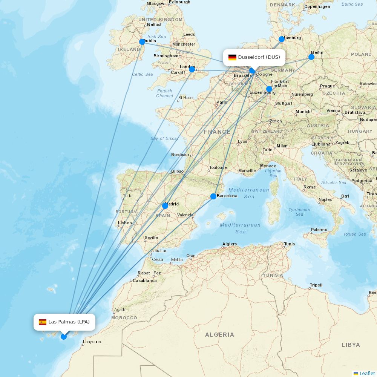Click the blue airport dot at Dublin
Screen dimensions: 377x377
pos(142,42)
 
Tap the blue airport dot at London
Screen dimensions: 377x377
pos(192,69)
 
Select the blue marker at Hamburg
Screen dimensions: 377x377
pos(282,39)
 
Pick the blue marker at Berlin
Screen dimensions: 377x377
pos(311,57)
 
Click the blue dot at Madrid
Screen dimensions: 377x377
pos(165,206)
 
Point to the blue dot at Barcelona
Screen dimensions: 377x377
pos(213,196)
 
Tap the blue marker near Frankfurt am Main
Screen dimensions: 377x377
pos(269,89)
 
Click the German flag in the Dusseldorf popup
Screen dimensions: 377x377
pos(232,57)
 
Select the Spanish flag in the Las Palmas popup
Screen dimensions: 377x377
pos(43,322)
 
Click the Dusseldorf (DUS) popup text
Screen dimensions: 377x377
pos(259,57)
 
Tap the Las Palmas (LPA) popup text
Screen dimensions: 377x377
pos(69,322)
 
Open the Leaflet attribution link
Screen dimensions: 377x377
pos(367,373)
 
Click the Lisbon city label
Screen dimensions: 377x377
pos(125,223)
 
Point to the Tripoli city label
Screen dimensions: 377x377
pos(316,285)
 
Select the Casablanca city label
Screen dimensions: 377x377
pos(145,280)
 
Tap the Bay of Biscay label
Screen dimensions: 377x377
pos(164,138)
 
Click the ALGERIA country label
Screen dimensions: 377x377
pos(219,334)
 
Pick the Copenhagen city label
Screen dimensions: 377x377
pos(317,6)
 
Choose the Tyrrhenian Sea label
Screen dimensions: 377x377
pos(299,212)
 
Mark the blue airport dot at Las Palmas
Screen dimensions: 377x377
pos(64,336)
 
